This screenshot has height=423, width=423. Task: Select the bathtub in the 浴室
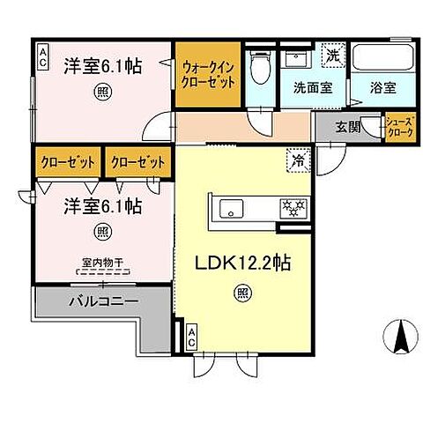(382, 59)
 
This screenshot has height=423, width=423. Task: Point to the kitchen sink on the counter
(232, 209)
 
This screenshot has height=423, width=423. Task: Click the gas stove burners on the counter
(290, 209)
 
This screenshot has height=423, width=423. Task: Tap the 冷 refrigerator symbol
(298, 160)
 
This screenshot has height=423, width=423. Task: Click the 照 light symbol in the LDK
(240, 293)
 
